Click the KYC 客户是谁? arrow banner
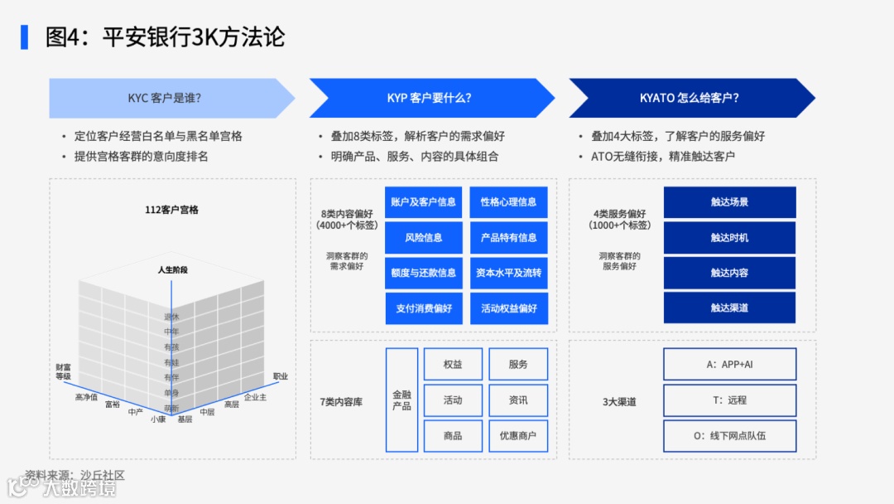click(x=166, y=98)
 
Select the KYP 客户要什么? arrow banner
click(x=429, y=98)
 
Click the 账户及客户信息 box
click(x=423, y=202)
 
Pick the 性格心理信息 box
click(x=508, y=202)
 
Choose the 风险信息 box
click(x=423, y=238)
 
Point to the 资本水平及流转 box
click(x=508, y=273)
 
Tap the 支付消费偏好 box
click(x=423, y=308)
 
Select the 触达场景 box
click(x=729, y=202)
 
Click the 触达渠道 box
click(x=729, y=308)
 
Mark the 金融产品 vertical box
click(x=401, y=400)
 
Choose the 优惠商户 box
click(x=518, y=436)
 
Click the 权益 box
click(x=453, y=365)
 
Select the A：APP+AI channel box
click(x=729, y=365)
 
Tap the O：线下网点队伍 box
click(x=729, y=436)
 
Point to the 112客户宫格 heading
click(x=171, y=211)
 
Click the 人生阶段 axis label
click(x=173, y=270)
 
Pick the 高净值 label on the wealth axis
click(x=86, y=398)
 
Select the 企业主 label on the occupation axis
click(x=256, y=398)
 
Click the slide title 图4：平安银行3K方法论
click(x=165, y=37)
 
